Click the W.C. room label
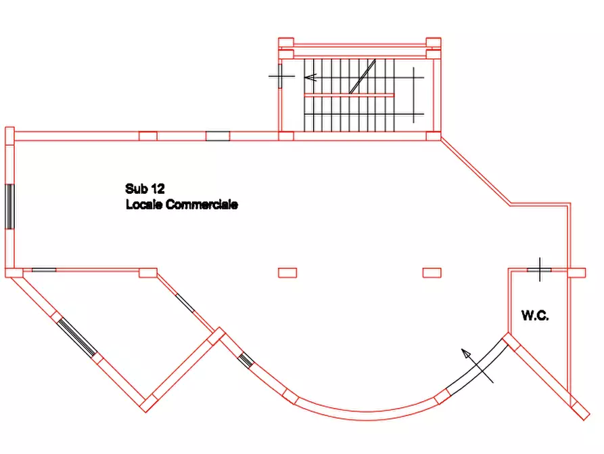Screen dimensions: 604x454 tap(535, 315)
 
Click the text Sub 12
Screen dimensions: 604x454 tap(145, 189)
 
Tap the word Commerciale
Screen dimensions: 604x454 tap(202, 204)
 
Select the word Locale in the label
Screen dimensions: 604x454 tap(144, 204)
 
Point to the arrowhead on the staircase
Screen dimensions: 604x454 tap(310, 78)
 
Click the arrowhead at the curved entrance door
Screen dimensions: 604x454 tap(466, 354)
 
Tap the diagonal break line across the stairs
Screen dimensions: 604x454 tap(362, 77)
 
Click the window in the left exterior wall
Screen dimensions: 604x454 tap(9, 207)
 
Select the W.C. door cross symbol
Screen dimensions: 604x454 tap(540, 270)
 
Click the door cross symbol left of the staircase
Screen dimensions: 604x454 tap(281, 76)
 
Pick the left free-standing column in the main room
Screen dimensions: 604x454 tap(287, 273)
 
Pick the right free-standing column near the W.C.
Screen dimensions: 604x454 tap(432, 273)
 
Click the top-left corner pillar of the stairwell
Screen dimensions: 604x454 tap(286, 42)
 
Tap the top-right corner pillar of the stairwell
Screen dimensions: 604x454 tap(434, 42)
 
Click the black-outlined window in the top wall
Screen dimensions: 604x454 tap(218, 136)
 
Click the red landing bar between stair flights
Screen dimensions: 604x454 tap(349, 95)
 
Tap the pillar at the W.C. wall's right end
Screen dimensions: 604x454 tap(577, 273)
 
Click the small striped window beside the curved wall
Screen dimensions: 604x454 tap(246, 360)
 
